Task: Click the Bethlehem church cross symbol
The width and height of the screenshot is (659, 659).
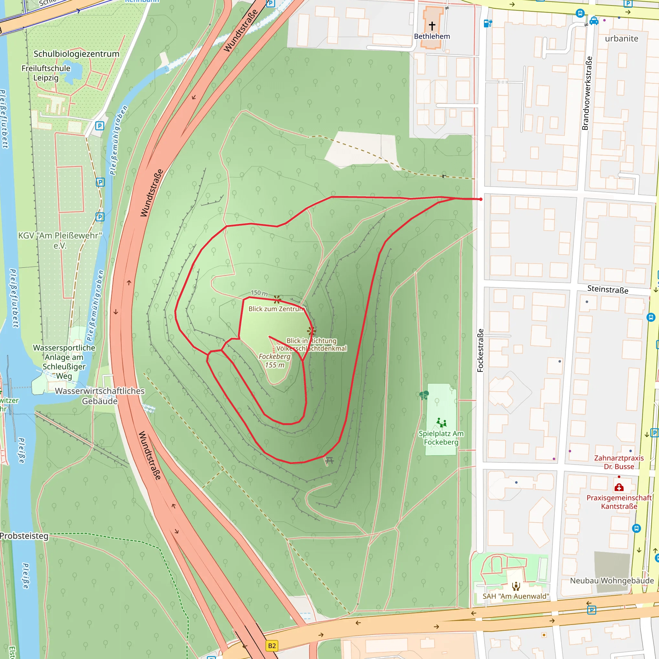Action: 432,26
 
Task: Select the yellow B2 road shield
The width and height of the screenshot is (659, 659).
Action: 272,646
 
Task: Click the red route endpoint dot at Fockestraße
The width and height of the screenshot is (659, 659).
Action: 481,199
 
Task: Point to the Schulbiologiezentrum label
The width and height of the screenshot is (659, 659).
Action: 76,54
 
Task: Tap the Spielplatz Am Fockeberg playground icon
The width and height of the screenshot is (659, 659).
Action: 441,422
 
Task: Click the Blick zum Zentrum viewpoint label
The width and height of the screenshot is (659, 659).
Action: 276,309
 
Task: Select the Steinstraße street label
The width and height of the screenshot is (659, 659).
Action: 608,289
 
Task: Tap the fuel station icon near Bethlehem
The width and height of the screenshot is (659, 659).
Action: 488,23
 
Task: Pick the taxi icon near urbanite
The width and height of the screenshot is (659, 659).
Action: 594,21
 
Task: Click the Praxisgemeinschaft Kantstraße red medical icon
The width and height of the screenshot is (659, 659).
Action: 619,487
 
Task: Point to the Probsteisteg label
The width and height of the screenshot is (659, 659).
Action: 24,536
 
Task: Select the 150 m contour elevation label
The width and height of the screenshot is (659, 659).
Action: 259,293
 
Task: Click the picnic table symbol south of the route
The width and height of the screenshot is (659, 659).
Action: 329,460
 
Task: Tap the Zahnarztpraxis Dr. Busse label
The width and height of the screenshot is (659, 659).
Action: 619,462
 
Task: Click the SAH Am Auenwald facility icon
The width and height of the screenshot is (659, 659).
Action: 516,586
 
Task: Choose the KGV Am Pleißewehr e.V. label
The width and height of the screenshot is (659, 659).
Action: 60,240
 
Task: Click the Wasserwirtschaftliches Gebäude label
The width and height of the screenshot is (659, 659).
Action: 100,396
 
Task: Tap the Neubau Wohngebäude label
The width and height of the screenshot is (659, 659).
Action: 612,580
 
